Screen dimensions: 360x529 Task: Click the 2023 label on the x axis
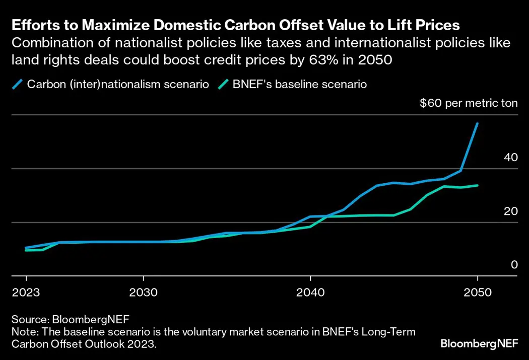(x=26, y=293)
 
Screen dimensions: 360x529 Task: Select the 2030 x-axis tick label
(x=144, y=293)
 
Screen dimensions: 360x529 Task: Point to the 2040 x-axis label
(x=310, y=293)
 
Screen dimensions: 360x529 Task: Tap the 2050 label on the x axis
(x=477, y=293)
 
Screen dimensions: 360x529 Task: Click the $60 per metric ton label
(x=469, y=104)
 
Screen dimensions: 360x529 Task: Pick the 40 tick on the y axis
(x=511, y=157)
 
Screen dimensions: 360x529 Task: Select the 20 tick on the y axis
(x=511, y=211)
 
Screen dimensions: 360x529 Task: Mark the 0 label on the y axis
(x=514, y=265)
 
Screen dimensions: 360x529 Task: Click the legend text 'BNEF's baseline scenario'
(x=299, y=84)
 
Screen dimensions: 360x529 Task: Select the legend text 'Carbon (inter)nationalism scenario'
(x=118, y=84)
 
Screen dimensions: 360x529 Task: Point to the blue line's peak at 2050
(x=477, y=123)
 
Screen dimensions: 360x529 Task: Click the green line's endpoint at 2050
(x=477, y=185)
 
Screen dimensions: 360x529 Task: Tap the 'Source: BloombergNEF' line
(x=71, y=319)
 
